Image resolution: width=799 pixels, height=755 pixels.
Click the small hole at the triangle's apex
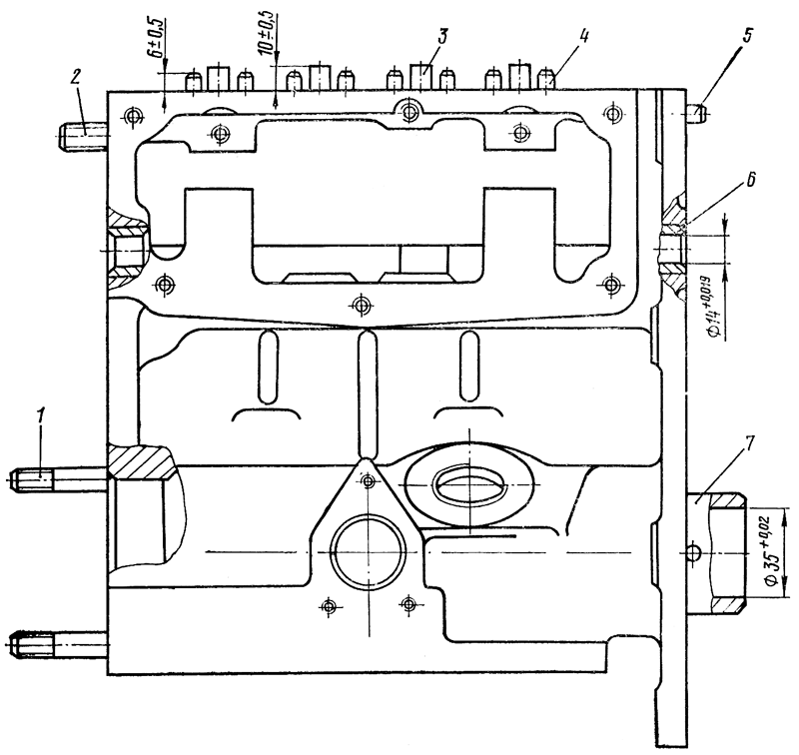coord(369,482)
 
